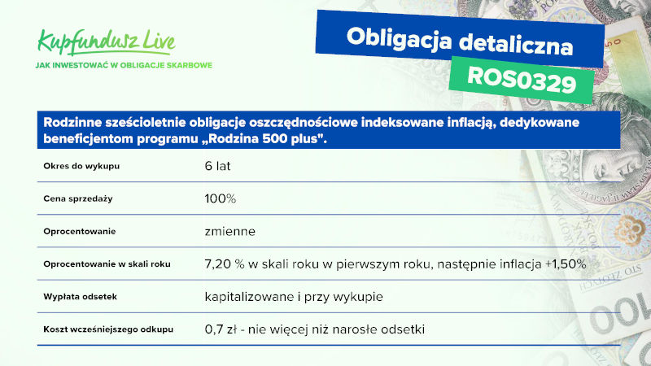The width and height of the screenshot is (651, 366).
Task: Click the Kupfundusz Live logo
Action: tap(107, 42)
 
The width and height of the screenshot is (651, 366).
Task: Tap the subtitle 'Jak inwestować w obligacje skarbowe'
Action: tap(124, 65)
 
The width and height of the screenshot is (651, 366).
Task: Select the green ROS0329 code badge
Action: tap(522, 80)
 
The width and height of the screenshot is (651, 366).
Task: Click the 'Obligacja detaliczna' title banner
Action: tap(460, 40)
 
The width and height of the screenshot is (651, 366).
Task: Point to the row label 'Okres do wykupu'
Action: tap(81, 166)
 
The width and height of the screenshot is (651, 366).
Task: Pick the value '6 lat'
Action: tap(217, 166)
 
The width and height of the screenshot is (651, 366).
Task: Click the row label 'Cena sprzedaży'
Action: tap(78, 198)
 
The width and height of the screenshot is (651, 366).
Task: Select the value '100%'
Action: tap(221, 198)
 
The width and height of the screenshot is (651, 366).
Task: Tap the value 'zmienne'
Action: tap(230, 231)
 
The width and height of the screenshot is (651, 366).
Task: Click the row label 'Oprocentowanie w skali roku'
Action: tap(107, 264)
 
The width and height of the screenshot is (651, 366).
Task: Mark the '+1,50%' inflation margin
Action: tap(566, 264)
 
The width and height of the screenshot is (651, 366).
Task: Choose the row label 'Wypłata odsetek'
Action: tap(80, 297)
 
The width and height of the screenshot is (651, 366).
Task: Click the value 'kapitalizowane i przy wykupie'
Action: tap(294, 297)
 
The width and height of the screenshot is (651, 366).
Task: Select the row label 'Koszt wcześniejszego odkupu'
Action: tap(108, 329)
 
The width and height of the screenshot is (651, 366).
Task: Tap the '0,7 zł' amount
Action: tap(221, 329)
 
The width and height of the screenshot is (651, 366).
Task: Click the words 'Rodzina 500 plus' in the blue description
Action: tap(263, 138)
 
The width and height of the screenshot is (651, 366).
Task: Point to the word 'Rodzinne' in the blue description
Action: tap(72, 123)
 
